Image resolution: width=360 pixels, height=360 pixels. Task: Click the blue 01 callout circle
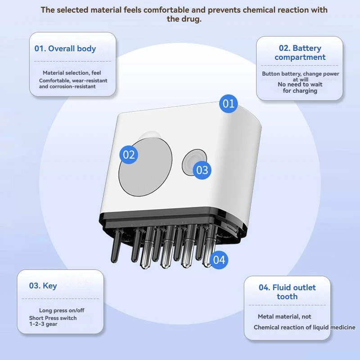pyautogui.click(x=229, y=104)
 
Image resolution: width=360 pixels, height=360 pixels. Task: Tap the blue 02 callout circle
pyautogui.click(x=129, y=155)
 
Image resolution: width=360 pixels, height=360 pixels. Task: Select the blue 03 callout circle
pyautogui.click(x=202, y=170)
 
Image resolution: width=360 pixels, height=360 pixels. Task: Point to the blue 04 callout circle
pyautogui.click(x=219, y=260)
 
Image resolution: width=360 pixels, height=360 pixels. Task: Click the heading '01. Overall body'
pyautogui.click(x=65, y=49)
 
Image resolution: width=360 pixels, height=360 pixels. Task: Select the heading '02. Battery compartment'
pyautogui.click(x=300, y=53)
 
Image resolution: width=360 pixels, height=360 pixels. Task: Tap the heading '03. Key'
pyautogui.click(x=43, y=286)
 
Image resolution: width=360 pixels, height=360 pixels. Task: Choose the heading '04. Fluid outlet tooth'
pyautogui.click(x=287, y=292)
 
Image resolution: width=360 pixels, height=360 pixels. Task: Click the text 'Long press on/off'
pyautogui.click(x=62, y=310)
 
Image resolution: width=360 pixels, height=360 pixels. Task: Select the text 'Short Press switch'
pyautogui.click(x=53, y=318)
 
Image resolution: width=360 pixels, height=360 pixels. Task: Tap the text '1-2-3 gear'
pyautogui.click(x=44, y=324)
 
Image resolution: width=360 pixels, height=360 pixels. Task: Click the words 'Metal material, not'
pyautogui.click(x=284, y=317)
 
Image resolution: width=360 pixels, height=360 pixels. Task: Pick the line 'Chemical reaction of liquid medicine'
pyautogui.click(x=305, y=327)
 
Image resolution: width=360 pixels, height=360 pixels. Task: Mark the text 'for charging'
pyautogui.click(x=300, y=91)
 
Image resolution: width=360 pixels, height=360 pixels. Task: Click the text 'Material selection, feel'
pyautogui.click(x=72, y=73)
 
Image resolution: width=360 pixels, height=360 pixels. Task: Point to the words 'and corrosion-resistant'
pyautogui.click(x=67, y=86)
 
